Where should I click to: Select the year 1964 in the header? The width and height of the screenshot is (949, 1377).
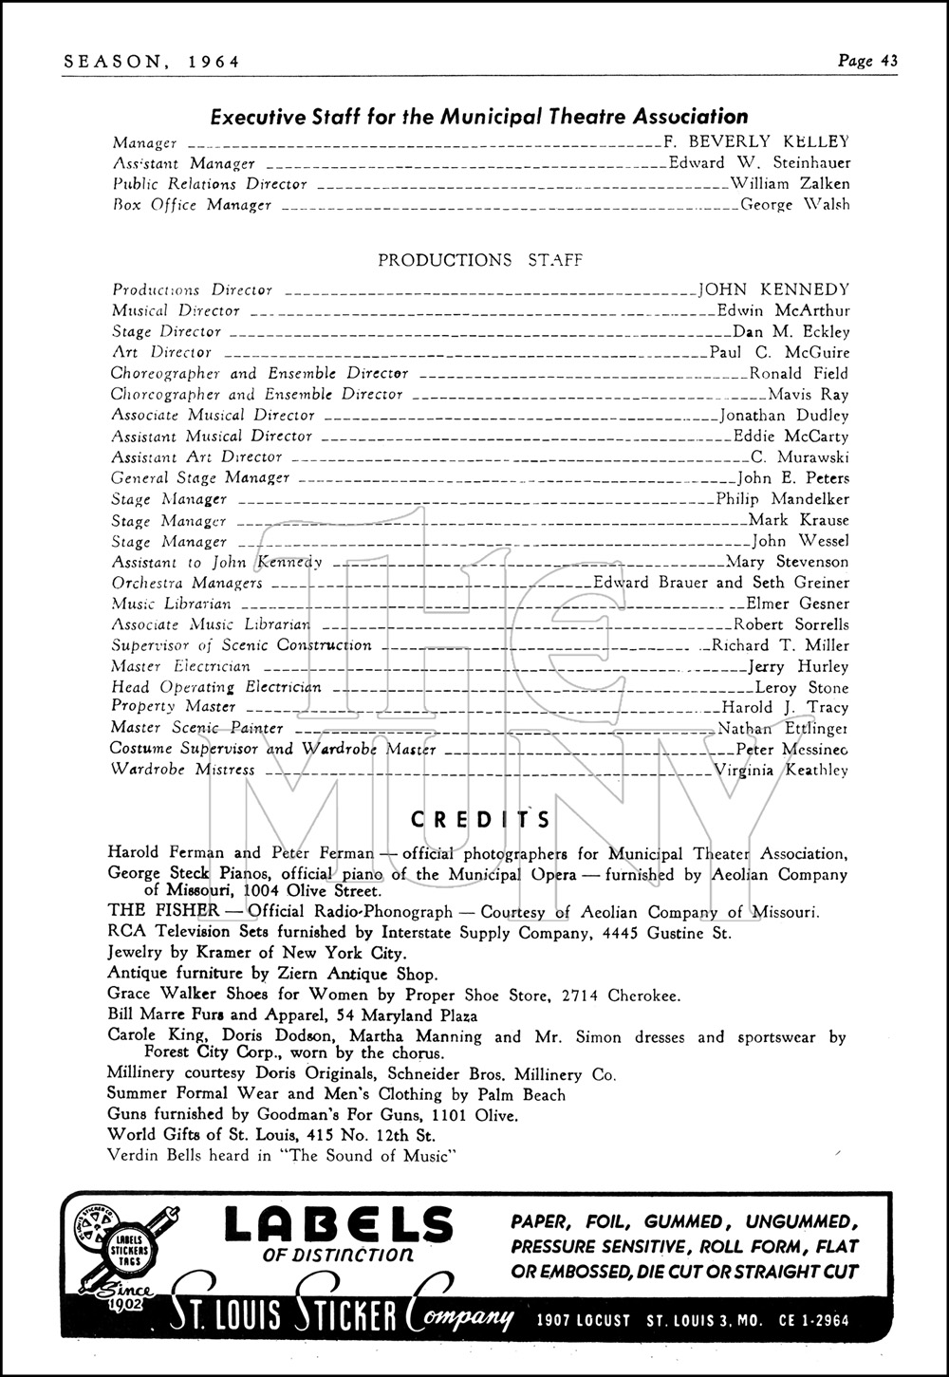coord(214,62)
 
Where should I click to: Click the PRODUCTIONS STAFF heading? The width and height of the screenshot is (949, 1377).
coord(480,260)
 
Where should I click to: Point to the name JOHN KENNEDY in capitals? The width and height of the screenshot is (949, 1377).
coord(773,289)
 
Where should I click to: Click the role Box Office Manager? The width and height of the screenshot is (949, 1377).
coord(192,205)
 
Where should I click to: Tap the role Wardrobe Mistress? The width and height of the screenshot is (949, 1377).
coord(183,770)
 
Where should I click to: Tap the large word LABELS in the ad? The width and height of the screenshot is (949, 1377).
coord(339,1226)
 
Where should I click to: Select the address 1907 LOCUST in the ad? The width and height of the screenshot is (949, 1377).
coord(582,1320)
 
